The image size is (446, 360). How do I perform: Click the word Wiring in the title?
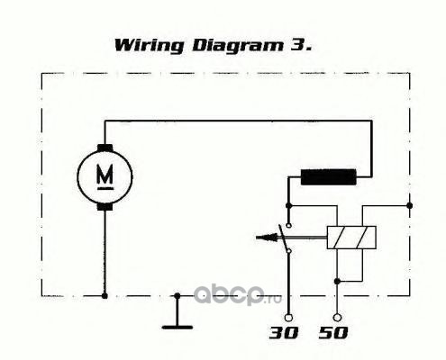tap(150, 46)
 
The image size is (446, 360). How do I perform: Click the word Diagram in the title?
tap(238, 46)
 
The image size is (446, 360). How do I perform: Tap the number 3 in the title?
tap(297, 45)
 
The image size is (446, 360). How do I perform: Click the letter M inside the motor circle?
tap(105, 175)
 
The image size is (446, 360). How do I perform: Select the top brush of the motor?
tap(105, 148)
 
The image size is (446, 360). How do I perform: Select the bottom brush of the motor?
tap(105, 207)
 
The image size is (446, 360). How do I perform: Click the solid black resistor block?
tap(329, 177)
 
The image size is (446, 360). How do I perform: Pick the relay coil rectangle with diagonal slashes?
tap(351, 238)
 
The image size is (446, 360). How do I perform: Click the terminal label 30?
tap(284, 333)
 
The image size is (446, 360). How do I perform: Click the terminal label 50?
tap(333, 333)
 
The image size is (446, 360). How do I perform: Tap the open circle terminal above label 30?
tap(288, 317)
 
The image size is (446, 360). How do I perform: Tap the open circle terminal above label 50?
tap(337, 317)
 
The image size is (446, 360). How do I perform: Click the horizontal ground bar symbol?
tap(177, 327)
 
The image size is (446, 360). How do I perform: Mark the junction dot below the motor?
tap(105, 296)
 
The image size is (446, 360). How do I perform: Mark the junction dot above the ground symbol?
tap(177, 296)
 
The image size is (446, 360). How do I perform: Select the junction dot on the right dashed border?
tap(409, 205)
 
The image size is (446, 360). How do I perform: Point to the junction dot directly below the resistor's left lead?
tap(288, 205)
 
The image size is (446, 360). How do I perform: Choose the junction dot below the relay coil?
tap(337, 282)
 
